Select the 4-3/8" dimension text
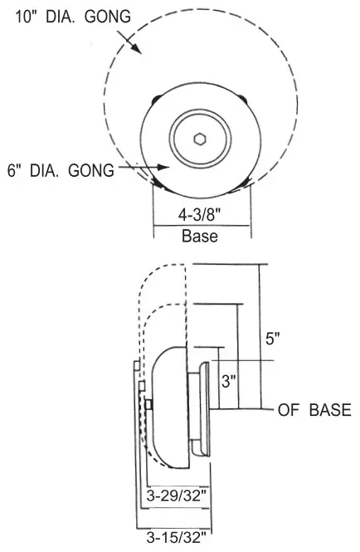click(x=199, y=213)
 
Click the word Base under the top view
click(x=200, y=236)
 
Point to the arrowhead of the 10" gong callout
click(x=139, y=49)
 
